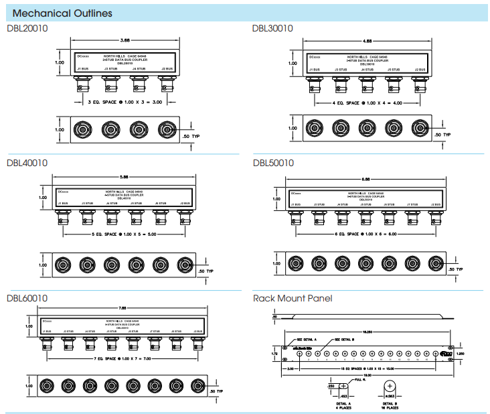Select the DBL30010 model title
[272, 28]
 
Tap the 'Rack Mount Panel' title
[292, 298]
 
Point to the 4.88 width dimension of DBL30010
[367, 41]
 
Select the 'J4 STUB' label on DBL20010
[139, 69]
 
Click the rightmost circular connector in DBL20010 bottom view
[167, 129]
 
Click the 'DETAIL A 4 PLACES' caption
[343, 407]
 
